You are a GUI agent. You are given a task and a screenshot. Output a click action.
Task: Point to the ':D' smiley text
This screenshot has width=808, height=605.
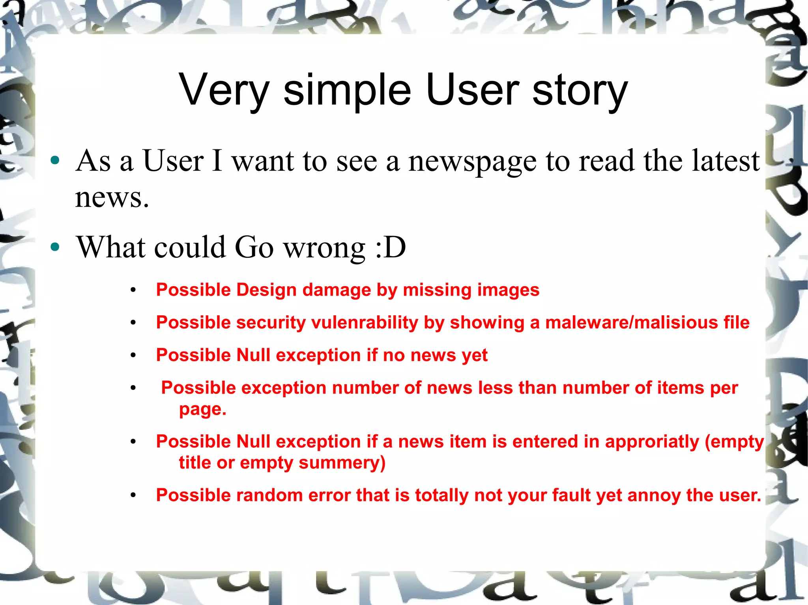tap(390, 248)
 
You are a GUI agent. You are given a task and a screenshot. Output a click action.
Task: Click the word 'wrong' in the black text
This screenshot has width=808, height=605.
tap(324, 248)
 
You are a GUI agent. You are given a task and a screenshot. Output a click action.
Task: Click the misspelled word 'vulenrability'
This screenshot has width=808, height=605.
tap(365, 323)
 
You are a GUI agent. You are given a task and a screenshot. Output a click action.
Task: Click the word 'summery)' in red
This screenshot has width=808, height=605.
tap(342, 463)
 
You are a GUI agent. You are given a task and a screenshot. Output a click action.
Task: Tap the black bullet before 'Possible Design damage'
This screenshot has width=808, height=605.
tap(133, 290)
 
